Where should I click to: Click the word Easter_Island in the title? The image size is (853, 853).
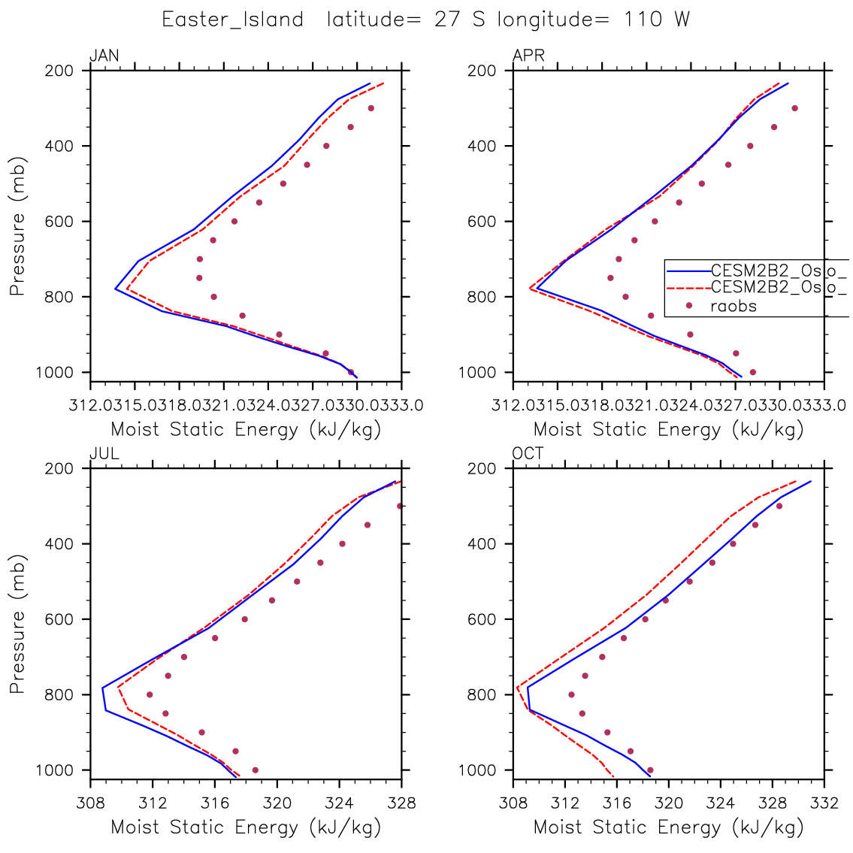[232, 20]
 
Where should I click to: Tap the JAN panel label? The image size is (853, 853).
[104, 56]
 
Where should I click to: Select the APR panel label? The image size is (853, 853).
[528, 56]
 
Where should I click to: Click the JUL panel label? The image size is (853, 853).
[104, 454]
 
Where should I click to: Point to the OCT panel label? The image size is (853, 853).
[528, 454]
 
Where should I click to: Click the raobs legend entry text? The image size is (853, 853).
[734, 306]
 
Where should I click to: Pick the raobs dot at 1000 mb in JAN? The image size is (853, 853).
[351, 372]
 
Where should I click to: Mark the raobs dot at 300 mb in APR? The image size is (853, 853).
[794, 108]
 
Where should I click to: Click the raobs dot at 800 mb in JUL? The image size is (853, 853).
[150, 694]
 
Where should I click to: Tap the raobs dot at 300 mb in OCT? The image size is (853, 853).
[779, 506]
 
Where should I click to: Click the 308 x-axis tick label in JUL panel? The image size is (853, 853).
[90, 803]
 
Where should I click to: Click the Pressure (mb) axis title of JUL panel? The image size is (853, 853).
[18, 619]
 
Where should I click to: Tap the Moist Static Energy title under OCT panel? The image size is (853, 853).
[668, 827]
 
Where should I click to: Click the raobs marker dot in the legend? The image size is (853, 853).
[688, 305]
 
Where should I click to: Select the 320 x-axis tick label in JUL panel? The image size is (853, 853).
[277, 803]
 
